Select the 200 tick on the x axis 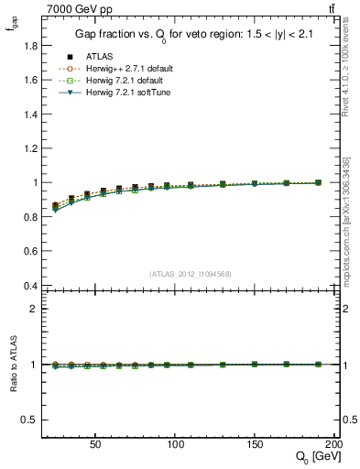point(334,442)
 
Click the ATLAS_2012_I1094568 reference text point(189,273)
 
